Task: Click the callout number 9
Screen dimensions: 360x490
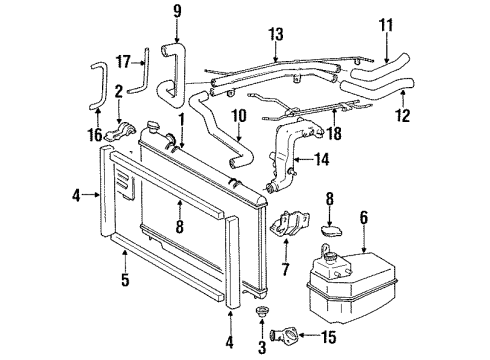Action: [176, 13]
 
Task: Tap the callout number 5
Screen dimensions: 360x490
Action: [126, 281]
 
